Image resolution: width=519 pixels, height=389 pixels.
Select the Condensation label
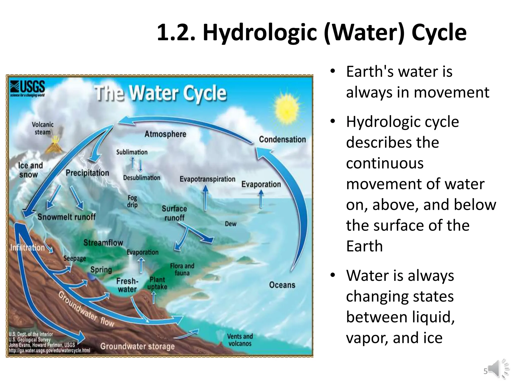pyautogui.click(x=282, y=140)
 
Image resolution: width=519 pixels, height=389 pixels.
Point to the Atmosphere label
pyautogui.click(x=165, y=134)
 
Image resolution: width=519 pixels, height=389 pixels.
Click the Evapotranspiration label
pyautogui.click(x=207, y=179)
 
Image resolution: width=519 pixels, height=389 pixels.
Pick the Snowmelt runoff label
pyautogui.click(x=66, y=217)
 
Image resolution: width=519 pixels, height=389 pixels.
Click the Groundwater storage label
pyautogui.click(x=137, y=346)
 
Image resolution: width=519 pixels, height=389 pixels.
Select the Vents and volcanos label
pyautogui.click(x=240, y=340)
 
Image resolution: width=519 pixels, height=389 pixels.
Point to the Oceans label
pyautogui.click(x=282, y=285)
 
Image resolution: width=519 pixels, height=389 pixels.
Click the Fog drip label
pyautogui.click(x=132, y=201)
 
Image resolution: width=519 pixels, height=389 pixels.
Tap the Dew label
pyautogui.click(x=230, y=224)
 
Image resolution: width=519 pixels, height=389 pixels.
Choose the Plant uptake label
pyautogui.click(x=157, y=283)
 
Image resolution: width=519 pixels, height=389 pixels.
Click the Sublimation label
pyautogui.click(x=132, y=152)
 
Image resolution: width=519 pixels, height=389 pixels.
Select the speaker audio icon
pyautogui.click(x=497, y=369)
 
